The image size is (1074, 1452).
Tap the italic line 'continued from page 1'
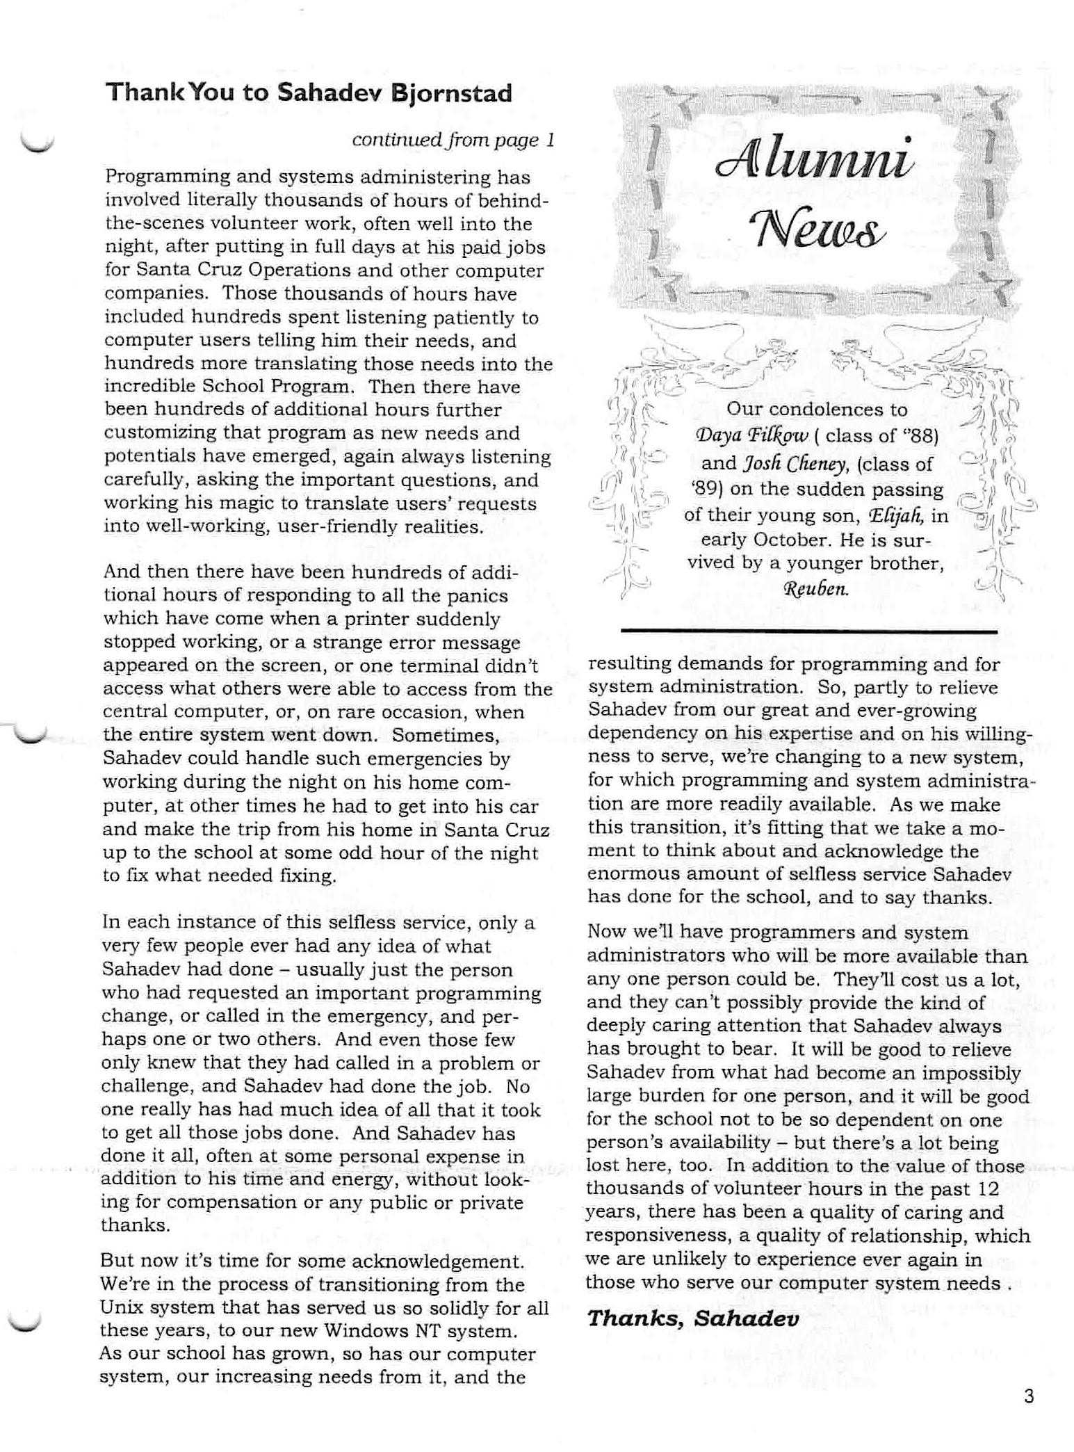point(453,140)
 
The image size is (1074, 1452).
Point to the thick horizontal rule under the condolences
point(808,631)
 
